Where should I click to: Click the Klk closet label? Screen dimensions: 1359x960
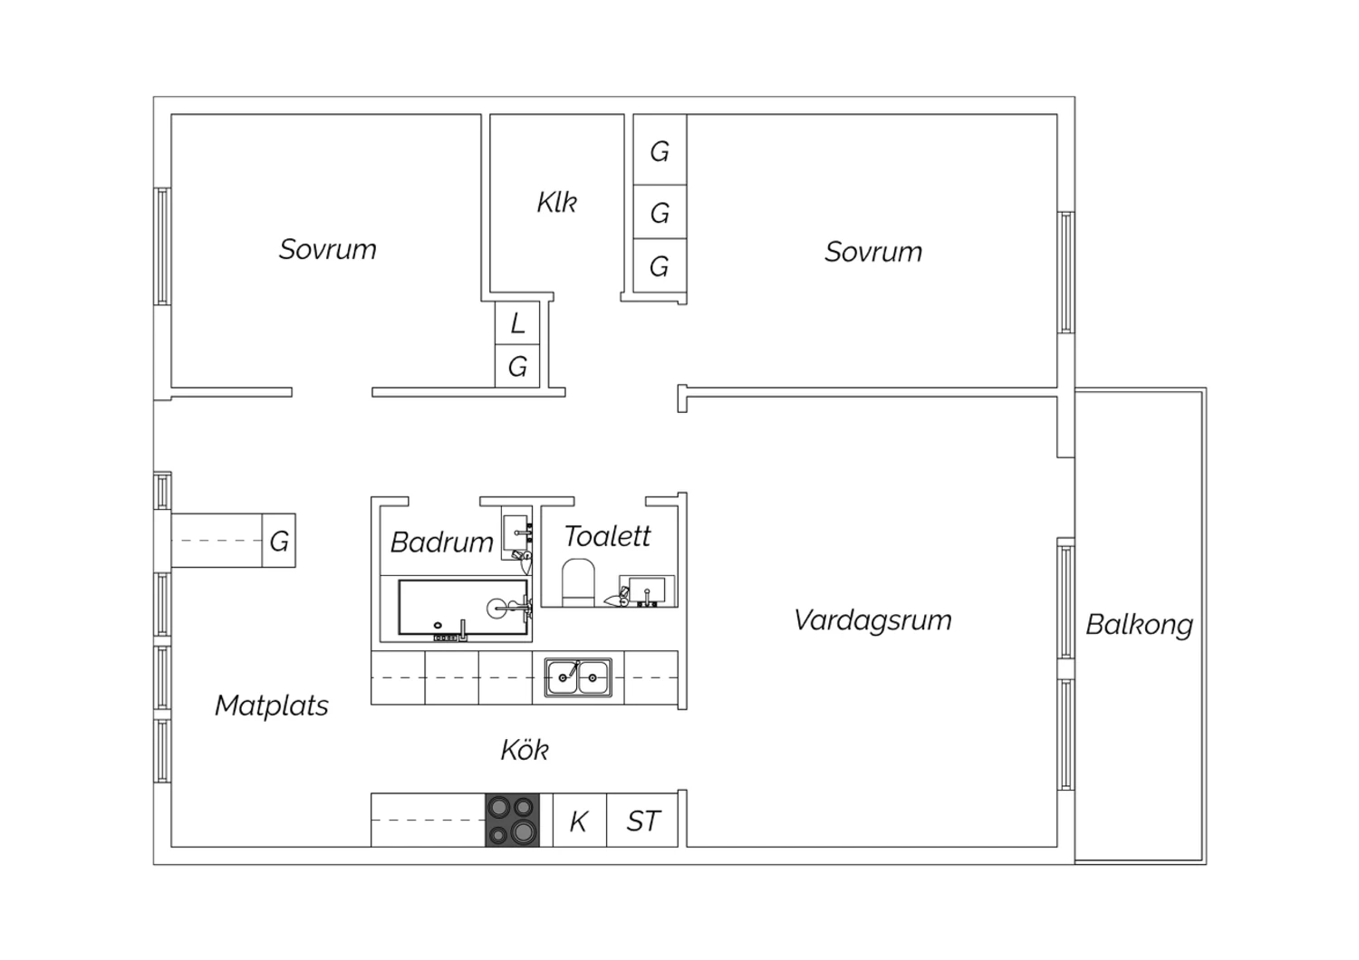(556, 203)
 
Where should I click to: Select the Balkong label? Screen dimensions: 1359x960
(1139, 625)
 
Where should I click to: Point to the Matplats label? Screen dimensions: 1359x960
(272, 706)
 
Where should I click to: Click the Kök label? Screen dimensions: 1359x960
(525, 750)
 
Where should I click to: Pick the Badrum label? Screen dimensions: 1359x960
(442, 542)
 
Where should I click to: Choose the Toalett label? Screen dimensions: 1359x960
(607, 536)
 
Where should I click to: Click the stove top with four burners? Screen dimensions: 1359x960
(512, 821)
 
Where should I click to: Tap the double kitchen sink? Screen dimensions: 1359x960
(578, 678)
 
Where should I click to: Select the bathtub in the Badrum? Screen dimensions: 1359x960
(463, 608)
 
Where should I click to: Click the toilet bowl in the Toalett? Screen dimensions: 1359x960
(578, 582)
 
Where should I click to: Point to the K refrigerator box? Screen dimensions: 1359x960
(580, 821)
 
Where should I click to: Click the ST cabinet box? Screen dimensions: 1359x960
(642, 821)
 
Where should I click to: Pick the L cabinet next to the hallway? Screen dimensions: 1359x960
(517, 323)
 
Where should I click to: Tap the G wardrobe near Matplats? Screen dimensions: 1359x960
(279, 541)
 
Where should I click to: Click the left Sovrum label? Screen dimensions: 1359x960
(328, 249)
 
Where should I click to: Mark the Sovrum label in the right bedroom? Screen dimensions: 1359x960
(873, 252)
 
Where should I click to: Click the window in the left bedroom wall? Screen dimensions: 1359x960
(162, 246)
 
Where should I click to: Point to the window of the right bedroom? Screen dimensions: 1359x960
(1066, 273)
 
